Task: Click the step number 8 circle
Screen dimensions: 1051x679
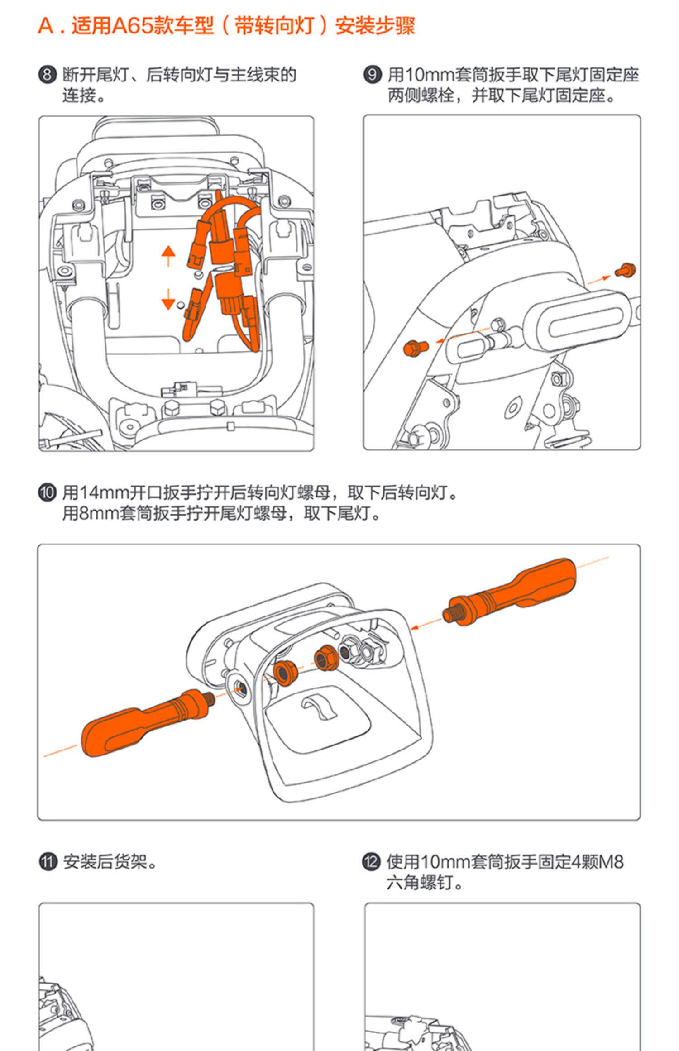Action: pos(47,74)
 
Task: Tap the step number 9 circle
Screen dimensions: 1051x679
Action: pos(372,74)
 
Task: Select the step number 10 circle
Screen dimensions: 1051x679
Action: pos(47,492)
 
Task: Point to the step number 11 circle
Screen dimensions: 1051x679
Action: pos(47,862)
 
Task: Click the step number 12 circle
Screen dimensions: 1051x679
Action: pos(371,862)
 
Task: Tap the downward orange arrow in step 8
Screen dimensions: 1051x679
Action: pos(168,299)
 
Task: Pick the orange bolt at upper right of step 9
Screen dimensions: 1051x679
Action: pos(626,270)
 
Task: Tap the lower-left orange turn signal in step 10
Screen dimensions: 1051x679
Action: pos(145,721)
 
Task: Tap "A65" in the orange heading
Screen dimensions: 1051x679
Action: pos(132,26)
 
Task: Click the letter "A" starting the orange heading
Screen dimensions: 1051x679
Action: pos(46,26)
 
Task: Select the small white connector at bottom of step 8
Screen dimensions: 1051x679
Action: pos(180,388)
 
